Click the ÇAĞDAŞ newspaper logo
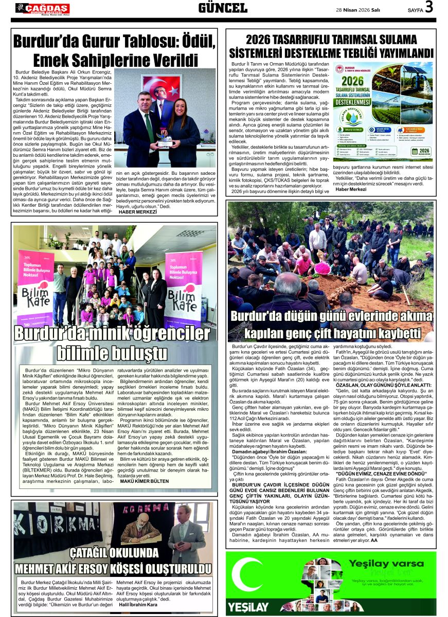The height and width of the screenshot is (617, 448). click(x=42, y=8)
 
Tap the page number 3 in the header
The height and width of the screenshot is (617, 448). click(x=429, y=7)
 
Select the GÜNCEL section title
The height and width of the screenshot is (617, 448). click(x=223, y=8)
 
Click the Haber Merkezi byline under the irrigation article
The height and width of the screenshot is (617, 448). click(x=351, y=189)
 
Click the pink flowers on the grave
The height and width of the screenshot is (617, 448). click(x=322, y=268)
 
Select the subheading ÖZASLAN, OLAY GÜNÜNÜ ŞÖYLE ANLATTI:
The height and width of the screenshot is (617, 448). click(x=381, y=385)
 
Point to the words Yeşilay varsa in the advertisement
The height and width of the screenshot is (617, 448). click(x=379, y=563)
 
